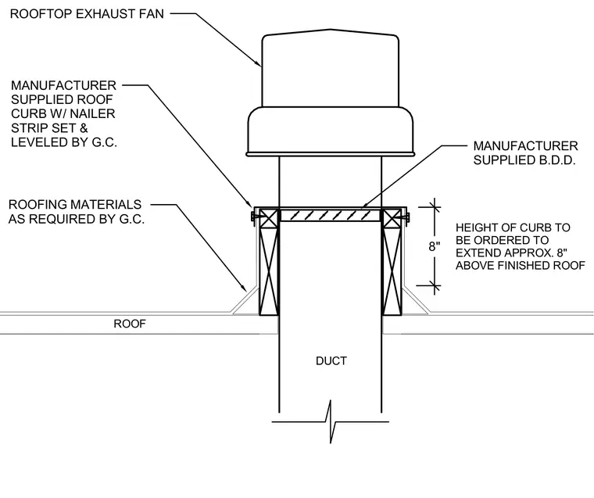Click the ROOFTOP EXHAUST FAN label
coord(87,13)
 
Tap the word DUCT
coord(331,361)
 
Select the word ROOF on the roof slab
coord(130,324)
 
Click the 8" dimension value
coord(435,246)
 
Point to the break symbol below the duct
coord(331,421)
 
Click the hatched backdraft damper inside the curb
coord(330,216)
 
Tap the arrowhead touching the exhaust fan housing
coord(258,63)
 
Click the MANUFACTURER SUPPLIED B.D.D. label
coord(525,153)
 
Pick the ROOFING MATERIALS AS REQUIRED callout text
coord(77,212)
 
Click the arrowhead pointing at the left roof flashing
coord(244,287)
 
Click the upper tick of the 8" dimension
coord(435,207)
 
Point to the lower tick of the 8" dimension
coord(435,285)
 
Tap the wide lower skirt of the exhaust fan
coord(331,131)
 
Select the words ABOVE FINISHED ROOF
coord(520,266)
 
